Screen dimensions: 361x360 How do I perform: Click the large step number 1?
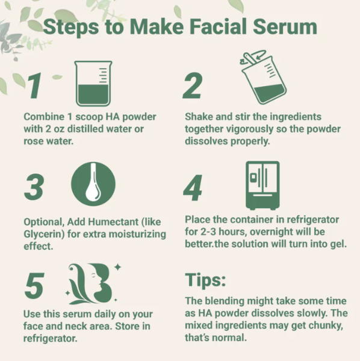(34, 86)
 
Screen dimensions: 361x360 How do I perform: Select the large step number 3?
(34, 188)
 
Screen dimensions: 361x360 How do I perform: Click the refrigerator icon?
(262, 185)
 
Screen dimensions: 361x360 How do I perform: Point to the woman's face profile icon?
(94, 283)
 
